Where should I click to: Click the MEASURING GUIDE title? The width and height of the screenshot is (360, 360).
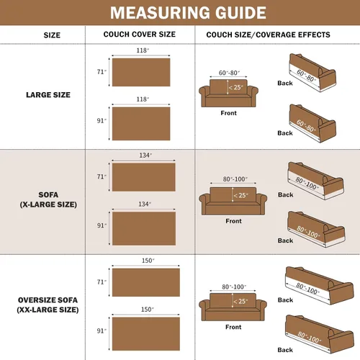click(x=188, y=12)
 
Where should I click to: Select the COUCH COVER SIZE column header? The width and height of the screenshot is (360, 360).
click(x=140, y=35)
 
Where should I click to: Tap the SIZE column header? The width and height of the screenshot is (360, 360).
click(x=52, y=35)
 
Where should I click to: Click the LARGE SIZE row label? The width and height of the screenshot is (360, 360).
click(x=48, y=95)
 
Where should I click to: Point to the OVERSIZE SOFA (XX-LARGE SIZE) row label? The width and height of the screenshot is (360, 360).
click(x=48, y=305)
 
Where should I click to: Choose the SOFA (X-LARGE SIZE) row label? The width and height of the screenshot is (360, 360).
click(x=48, y=199)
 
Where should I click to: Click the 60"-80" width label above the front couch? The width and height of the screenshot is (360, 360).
click(x=229, y=73)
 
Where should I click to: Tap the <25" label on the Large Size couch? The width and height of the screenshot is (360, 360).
click(x=236, y=87)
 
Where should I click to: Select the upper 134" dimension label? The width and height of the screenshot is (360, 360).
click(x=145, y=156)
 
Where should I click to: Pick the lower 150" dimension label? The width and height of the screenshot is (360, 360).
click(x=148, y=310)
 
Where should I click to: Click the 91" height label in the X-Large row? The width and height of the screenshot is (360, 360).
click(x=102, y=225)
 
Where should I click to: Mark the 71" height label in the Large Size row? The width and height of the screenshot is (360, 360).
click(x=102, y=72)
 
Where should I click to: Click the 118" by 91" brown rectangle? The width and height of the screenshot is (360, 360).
click(x=141, y=124)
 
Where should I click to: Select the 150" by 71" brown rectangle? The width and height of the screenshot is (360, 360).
click(x=146, y=282)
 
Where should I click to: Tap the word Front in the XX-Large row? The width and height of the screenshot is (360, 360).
click(x=233, y=327)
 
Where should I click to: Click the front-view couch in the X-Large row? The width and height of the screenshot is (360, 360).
click(x=233, y=201)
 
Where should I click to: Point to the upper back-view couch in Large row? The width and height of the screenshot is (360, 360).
click(x=312, y=73)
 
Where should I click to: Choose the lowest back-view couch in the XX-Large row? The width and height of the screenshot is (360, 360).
click(x=320, y=334)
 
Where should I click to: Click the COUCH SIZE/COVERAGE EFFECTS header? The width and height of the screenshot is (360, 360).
click(x=268, y=35)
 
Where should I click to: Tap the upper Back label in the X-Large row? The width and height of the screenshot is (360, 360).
click(x=286, y=194)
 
